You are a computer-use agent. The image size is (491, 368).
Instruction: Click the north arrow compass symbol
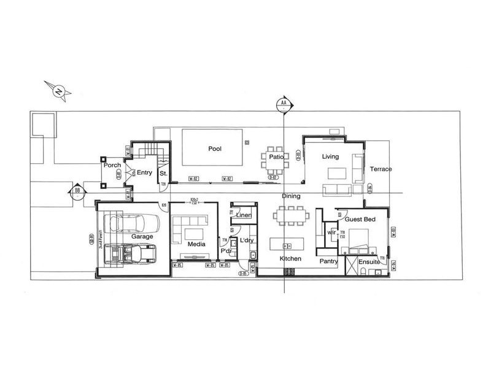59,91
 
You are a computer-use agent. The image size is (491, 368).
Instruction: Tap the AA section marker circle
283,104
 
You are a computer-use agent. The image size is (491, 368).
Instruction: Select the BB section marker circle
77,190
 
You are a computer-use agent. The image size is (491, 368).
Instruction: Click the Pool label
215,148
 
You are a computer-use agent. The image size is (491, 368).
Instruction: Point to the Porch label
112,166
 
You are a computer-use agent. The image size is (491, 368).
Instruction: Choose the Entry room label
144,172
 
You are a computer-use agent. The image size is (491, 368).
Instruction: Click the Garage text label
142,236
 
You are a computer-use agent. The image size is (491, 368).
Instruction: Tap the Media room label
196,243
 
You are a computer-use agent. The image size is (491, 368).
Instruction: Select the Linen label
244,215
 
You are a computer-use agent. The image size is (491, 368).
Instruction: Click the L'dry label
247,239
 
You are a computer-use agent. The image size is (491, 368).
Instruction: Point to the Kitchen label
290,259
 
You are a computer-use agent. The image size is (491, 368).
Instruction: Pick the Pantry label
329,261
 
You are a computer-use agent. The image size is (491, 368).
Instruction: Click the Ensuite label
369,262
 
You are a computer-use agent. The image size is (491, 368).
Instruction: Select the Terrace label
381,169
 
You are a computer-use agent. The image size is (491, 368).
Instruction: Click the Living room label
330,157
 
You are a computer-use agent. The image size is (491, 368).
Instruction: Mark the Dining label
291,196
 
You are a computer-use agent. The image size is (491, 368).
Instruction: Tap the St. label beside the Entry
163,174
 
